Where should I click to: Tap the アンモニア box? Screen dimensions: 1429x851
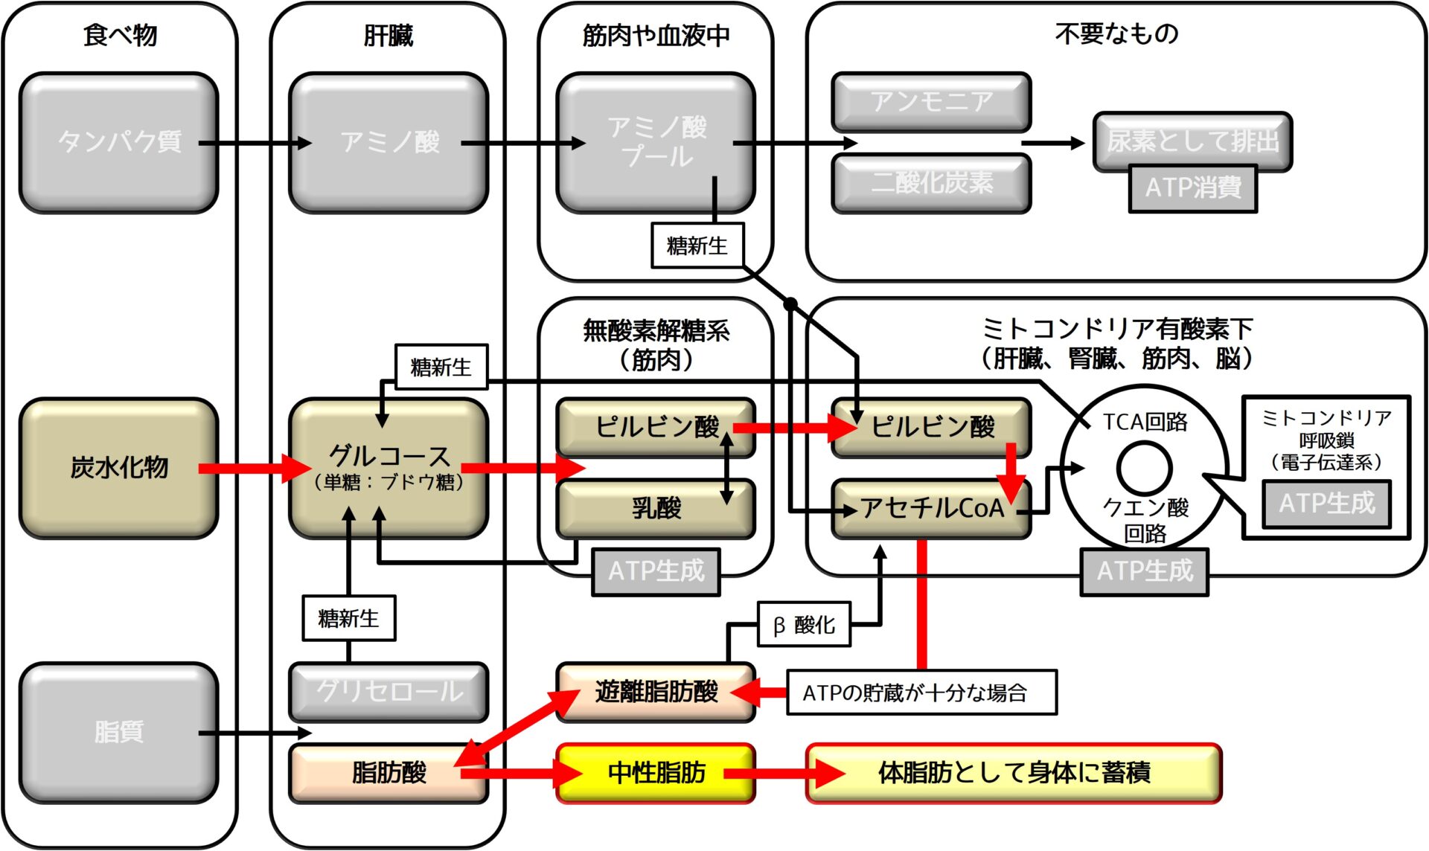(x=931, y=102)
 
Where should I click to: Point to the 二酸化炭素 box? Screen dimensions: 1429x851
(x=931, y=183)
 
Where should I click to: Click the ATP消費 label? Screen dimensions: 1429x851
(x=1192, y=188)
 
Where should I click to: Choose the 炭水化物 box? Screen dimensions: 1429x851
(x=119, y=468)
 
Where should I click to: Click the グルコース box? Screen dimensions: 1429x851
(x=389, y=468)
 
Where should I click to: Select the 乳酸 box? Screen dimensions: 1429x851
(x=656, y=509)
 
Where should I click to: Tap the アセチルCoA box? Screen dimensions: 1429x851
(x=931, y=509)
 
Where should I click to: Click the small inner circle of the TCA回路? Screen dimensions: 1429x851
(x=1144, y=469)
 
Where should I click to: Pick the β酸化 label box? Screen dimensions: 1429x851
(x=804, y=625)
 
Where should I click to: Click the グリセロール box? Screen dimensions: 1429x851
(x=389, y=692)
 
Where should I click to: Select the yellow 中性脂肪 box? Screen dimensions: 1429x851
(x=656, y=774)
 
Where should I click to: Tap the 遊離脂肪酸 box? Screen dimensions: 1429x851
(x=656, y=692)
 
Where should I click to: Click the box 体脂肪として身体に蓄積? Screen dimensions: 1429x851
(x=1014, y=774)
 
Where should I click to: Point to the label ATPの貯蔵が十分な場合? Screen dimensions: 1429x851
(x=921, y=693)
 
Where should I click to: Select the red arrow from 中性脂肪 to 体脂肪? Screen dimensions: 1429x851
(x=784, y=774)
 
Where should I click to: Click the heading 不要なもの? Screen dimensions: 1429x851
(x=1116, y=33)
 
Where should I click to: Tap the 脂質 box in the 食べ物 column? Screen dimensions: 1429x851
(x=119, y=733)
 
